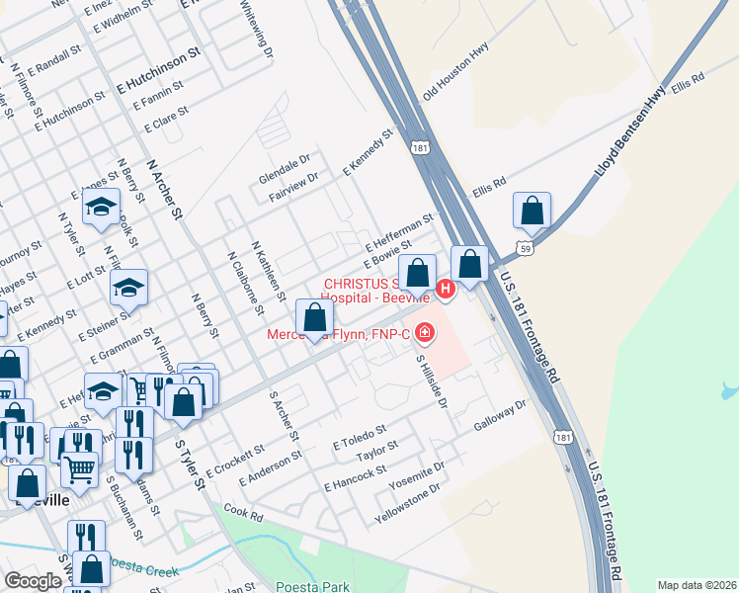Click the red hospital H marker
click(446, 289)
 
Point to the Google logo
click(33, 580)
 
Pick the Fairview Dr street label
click(292, 181)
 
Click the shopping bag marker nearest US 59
click(533, 211)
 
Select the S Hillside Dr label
click(432, 382)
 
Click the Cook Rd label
click(244, 513)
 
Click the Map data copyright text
click(697, 584)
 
